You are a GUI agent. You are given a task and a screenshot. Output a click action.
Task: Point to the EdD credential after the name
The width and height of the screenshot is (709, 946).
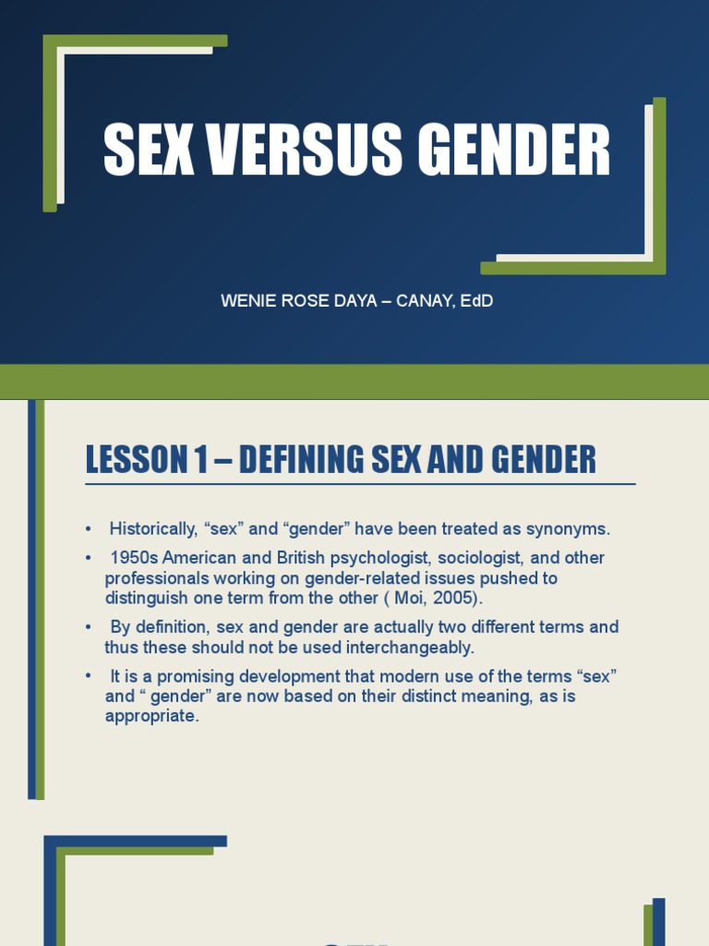(x=476, y=301)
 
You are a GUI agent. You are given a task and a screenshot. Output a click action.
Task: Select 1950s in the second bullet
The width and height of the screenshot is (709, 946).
(x=134, y=558)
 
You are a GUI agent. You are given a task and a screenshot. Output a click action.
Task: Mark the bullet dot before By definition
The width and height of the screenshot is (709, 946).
(x=89, y=627)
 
